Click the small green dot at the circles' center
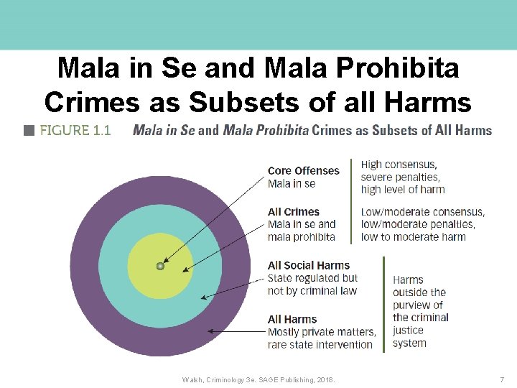pyautogui.click(x=160, y=266)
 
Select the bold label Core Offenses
pyautogui.click(x=303, y=171)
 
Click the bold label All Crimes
pyautogui.click(x=293, y=212)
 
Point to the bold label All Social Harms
pyautogui.click(x=308, y=266)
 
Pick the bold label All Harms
pyautogui.click(x=292, y=320)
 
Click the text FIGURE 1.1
pyautogui.click(x=75, y=131)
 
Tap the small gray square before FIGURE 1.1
pyautogui.click(x=29, y=131)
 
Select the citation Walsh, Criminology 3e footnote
pyautogui.click(x=258, y=379)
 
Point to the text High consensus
pyautogui.click(x=399, y=165)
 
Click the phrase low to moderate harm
pyautogui.click(x=413, y=237)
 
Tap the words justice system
pyautogui.click(x=409, y=337)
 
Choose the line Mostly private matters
pyautogui.click(x=321, y=332)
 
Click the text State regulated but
pyautogui.click(x=312, y=278)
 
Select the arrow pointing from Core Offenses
pyautogui.click(x=215, y=216)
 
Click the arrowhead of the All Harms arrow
pyautogui.click(x=210, y=331)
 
